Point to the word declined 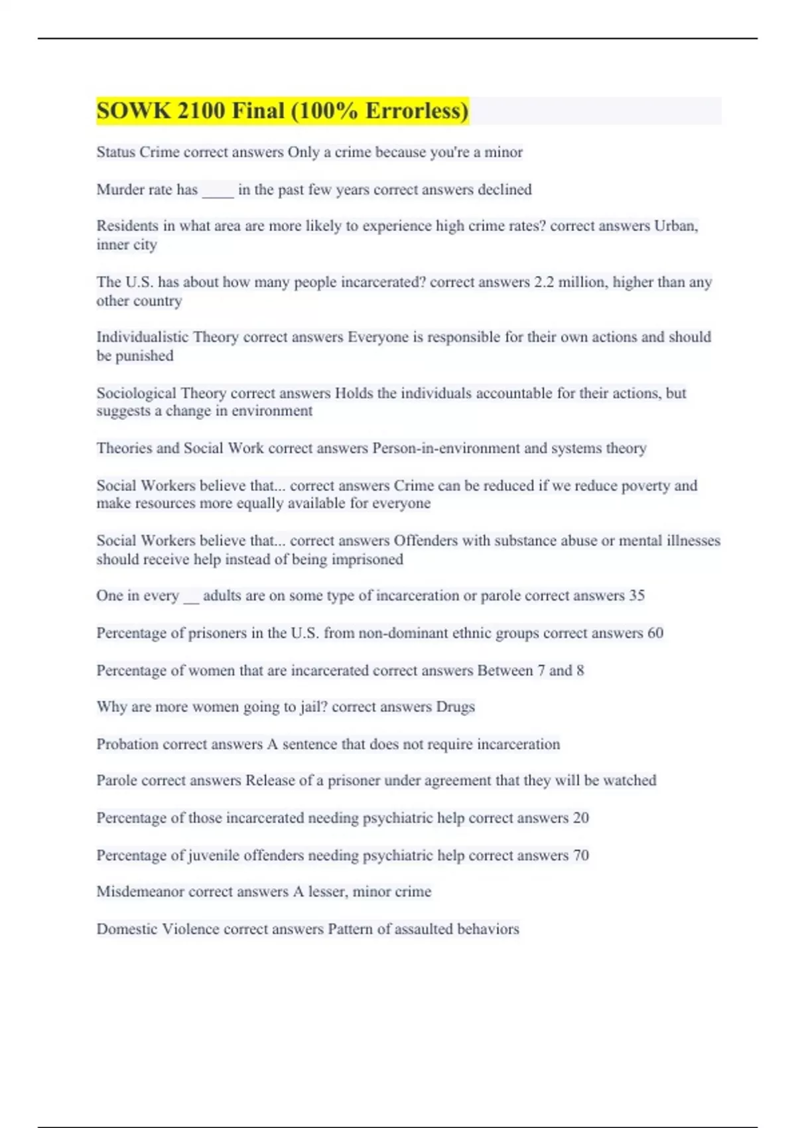[505, 190]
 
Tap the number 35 [636, 595]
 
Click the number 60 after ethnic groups [655, 633]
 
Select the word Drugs [455, 707]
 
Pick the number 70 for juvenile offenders [580, 855]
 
